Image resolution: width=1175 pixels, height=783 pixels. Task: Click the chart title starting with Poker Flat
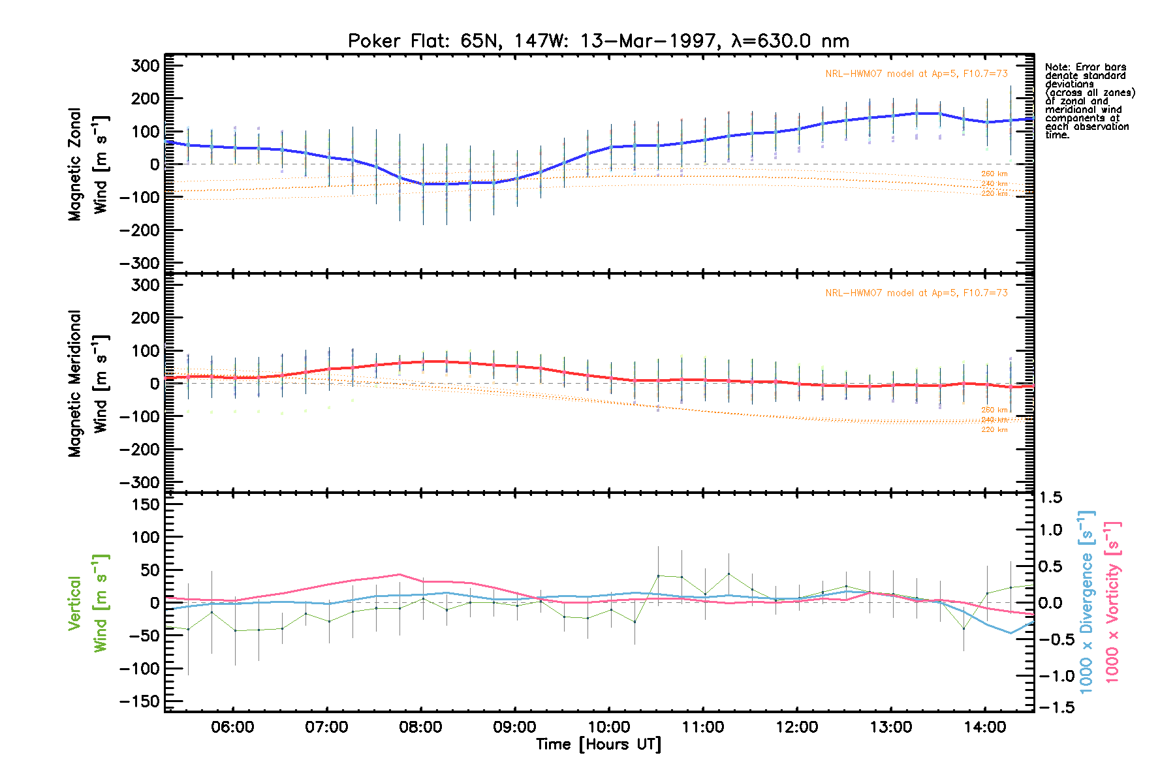point(599,41)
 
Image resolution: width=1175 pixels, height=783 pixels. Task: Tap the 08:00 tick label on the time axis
point(420,727)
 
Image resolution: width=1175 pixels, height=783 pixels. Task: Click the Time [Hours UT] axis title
point(599,745)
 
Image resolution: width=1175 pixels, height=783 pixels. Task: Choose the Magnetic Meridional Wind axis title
point(87,384)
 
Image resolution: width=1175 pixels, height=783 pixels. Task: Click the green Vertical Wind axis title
point(87,603)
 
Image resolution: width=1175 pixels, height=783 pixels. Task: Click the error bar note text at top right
point(1089,101)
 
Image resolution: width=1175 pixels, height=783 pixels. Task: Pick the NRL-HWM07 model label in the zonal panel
point(916,74)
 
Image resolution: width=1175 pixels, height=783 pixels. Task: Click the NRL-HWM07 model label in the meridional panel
point(916,293)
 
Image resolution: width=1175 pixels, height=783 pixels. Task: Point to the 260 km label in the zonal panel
point(994,174)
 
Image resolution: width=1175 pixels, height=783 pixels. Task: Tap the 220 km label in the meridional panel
point(994,429)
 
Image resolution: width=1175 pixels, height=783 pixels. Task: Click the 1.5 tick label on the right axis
point(1051,498)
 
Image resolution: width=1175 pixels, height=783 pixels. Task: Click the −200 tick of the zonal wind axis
point(139,230)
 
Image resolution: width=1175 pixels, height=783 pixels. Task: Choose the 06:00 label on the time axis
point(232,727)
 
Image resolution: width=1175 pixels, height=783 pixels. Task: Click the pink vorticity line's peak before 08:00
point(399,575)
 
